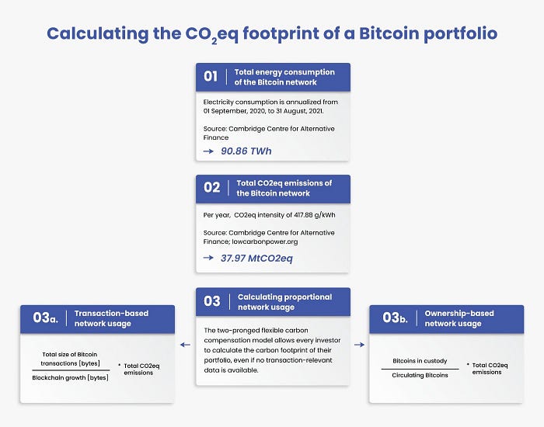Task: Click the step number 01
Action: coord(211,76)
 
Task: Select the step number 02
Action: coord(211,188)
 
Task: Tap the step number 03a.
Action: coord(45,318)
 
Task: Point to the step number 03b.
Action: coord(395,318)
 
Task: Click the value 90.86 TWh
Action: coord(246,151)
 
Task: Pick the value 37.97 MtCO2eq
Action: coord(256,259)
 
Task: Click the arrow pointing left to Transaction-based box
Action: coord(185,345)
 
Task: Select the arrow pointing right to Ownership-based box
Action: coord(359,345)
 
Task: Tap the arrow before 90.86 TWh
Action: coord(208,151)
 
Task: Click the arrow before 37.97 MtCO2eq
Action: coord(208,258)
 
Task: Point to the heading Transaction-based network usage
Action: coord(111,318)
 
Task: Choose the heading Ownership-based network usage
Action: coord(459,318)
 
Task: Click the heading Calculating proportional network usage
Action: coord(285,302)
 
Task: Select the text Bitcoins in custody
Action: coord(420,361)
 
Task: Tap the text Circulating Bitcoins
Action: coord(420,375)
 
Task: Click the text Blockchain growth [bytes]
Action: coord(71,377)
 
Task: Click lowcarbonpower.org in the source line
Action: coord(265,241)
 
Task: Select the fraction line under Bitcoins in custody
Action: coord(420,369)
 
